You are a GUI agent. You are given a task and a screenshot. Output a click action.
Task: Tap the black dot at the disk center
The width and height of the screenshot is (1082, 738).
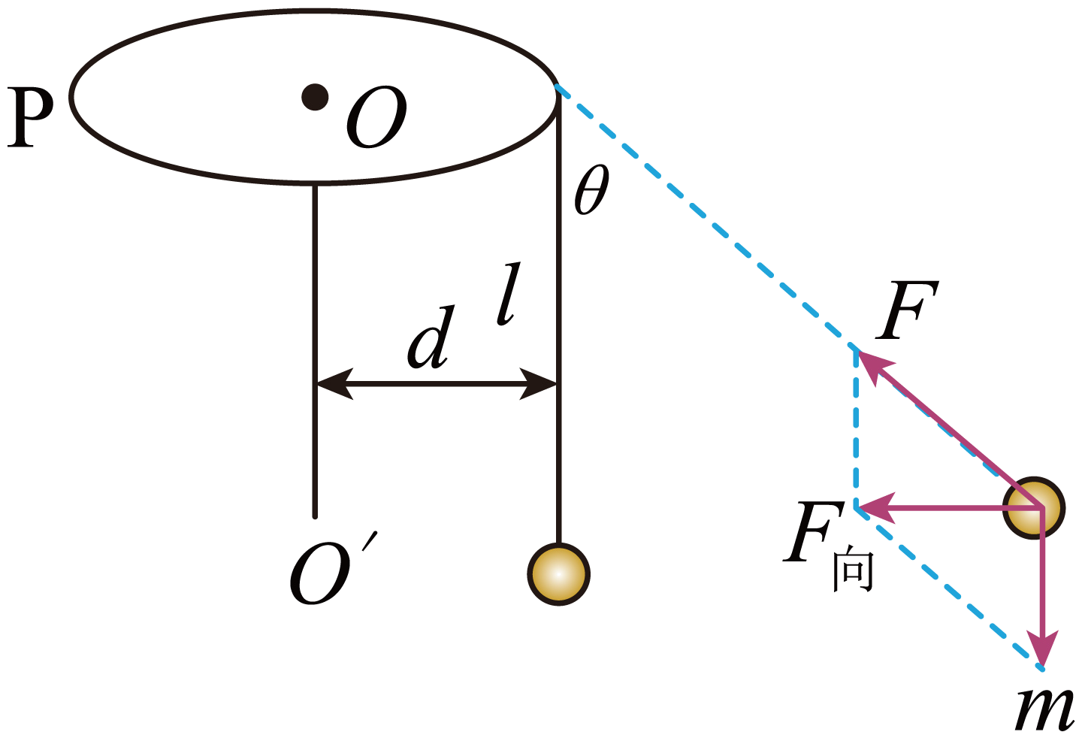click(x=315, y=97)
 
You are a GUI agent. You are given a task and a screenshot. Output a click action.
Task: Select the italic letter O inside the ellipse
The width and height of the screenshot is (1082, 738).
click(x=376, y=118)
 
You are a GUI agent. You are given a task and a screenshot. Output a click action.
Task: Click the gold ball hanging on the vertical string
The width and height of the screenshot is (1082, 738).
click(x=558, y=574)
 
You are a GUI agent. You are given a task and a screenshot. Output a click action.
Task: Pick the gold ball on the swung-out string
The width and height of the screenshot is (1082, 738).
click(x=1035, y=508)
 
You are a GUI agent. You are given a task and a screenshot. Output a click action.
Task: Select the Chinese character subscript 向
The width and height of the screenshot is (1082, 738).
click(x=852, y=570)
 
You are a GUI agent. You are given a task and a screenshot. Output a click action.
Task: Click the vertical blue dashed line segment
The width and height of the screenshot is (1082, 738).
click(x=856, y=428)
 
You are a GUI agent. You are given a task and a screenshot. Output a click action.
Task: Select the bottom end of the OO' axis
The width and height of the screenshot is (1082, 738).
click(x=315, y=516)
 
